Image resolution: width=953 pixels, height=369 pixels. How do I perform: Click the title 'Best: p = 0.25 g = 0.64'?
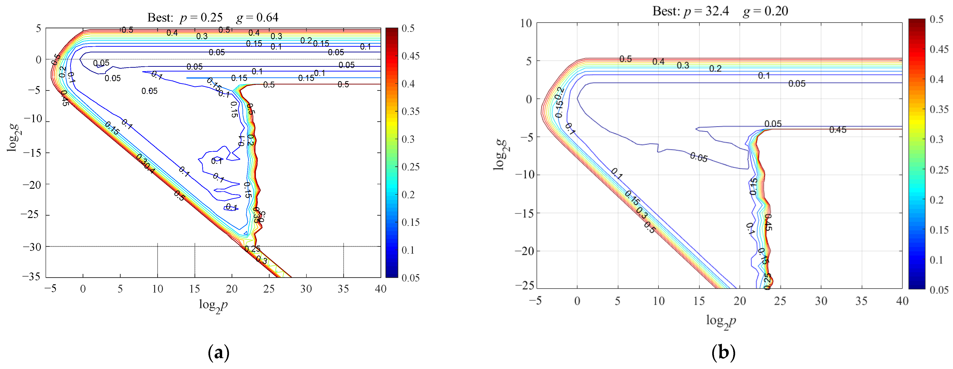(213, 17)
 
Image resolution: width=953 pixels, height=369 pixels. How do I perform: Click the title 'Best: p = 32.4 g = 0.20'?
(720, 11)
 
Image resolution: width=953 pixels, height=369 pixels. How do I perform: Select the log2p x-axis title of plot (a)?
(213, 305)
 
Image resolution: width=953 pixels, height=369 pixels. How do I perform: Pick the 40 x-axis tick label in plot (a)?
(380, 289)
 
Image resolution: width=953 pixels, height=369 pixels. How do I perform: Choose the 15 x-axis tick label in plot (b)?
(699, 301)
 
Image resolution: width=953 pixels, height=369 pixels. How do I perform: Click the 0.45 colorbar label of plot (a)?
(411, 56)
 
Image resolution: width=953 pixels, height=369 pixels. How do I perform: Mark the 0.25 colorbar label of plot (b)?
(939, 170)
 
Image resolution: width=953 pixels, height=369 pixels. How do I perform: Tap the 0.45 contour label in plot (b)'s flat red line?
(838, 130)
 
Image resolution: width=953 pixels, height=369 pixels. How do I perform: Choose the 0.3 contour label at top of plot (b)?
(683, 65)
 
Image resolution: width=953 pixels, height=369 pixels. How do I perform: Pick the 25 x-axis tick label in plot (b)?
(780, 301)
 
